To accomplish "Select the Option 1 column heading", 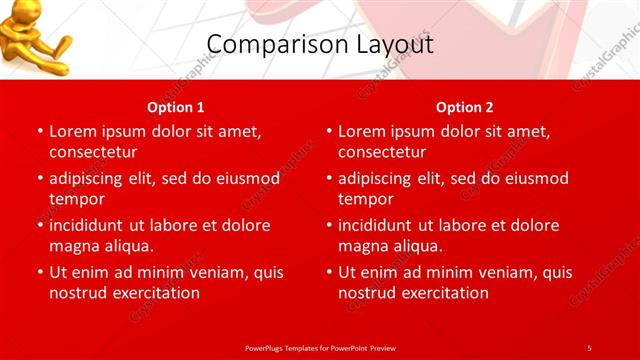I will [176, 106].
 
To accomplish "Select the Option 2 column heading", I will [465, 106].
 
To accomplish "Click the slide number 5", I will [589, 347].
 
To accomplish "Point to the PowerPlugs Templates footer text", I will [320, 347].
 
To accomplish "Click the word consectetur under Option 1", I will [93, 152].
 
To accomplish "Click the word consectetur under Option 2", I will [382, 152].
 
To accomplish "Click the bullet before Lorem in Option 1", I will [39, 132].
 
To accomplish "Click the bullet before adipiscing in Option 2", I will [328, 179].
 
